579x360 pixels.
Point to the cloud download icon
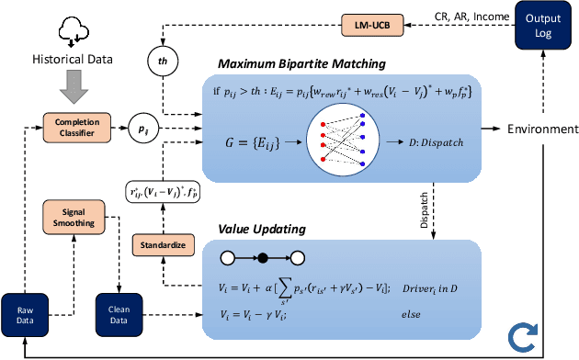[72, 29]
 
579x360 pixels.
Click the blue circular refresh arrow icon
[550, 337]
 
